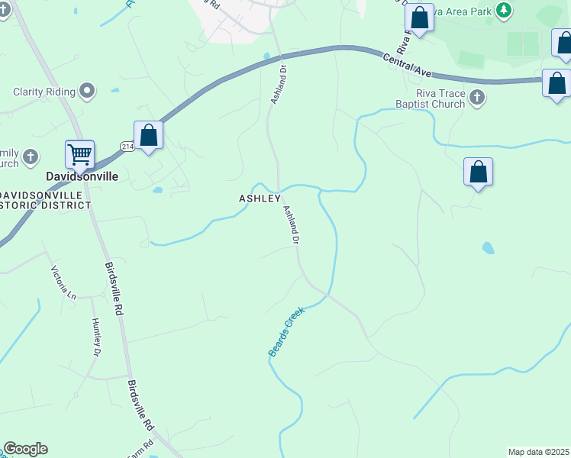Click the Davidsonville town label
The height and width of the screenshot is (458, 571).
pos(82,176)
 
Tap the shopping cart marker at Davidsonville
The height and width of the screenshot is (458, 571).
pos(80,155)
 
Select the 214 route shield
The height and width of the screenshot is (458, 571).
pos(127,146)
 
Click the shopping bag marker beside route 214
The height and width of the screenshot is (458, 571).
pos(149,136)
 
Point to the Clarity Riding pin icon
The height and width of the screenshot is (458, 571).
pos(88,92)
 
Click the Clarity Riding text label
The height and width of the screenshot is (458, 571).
pos(44,92)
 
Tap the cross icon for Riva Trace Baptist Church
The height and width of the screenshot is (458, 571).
pos(477,97)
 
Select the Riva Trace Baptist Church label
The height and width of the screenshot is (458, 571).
pos(430,98)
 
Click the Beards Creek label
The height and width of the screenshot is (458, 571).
pos(286,332)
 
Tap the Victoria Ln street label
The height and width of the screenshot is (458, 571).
pos(63,282)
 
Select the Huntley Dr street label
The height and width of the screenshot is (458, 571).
pos(97,337)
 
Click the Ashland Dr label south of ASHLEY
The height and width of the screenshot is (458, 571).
pos(290,224)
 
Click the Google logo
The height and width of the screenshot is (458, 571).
pos(25,449)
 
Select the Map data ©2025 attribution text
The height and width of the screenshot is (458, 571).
pos(539,452)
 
